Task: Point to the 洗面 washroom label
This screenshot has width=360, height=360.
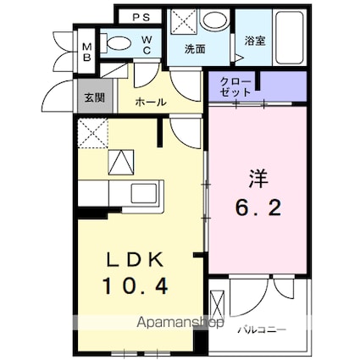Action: tap(195, 48)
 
